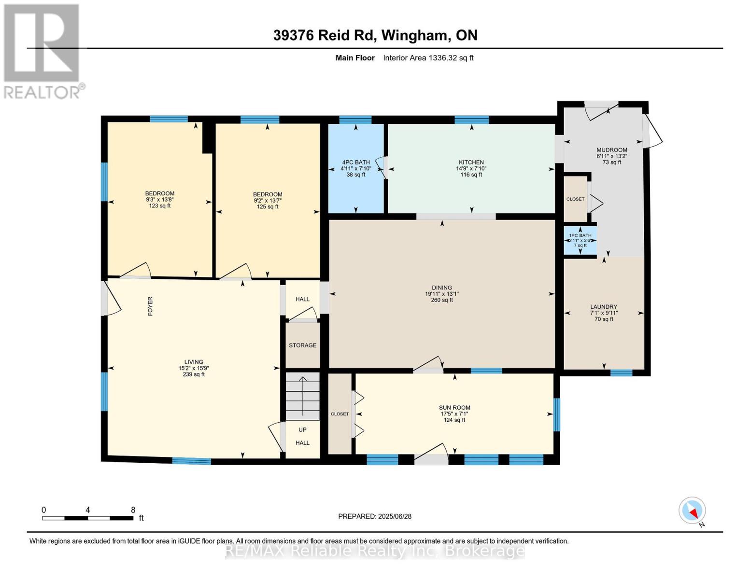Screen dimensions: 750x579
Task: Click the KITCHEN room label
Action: [x=471, y=162]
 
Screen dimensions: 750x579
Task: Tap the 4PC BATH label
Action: [x=356, y=162]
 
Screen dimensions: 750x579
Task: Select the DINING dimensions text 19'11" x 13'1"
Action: [x=442, y=294]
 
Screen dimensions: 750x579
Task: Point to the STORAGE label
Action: [x=302, y=345]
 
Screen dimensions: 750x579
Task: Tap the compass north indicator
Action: [x=692, y=511]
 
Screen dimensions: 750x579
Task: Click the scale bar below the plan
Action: [x=88, y=518]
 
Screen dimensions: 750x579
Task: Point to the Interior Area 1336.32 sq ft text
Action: [x=428, y=58]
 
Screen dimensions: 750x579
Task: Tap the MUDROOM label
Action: [x=611, y=150]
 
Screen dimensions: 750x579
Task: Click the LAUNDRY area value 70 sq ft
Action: [x=604, y=319]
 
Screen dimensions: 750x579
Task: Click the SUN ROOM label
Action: [x=454, y=408]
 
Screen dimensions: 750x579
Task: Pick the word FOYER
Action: [x=150, y=306]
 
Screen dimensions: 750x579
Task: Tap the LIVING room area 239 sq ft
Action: [x=194, y=374]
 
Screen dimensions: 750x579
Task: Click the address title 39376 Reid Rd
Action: [x=325, y=35]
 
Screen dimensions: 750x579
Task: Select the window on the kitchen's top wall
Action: [x=471, y=120]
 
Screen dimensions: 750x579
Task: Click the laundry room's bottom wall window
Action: [x=621, y=372]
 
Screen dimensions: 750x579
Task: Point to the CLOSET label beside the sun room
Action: [x=340, y=414]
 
